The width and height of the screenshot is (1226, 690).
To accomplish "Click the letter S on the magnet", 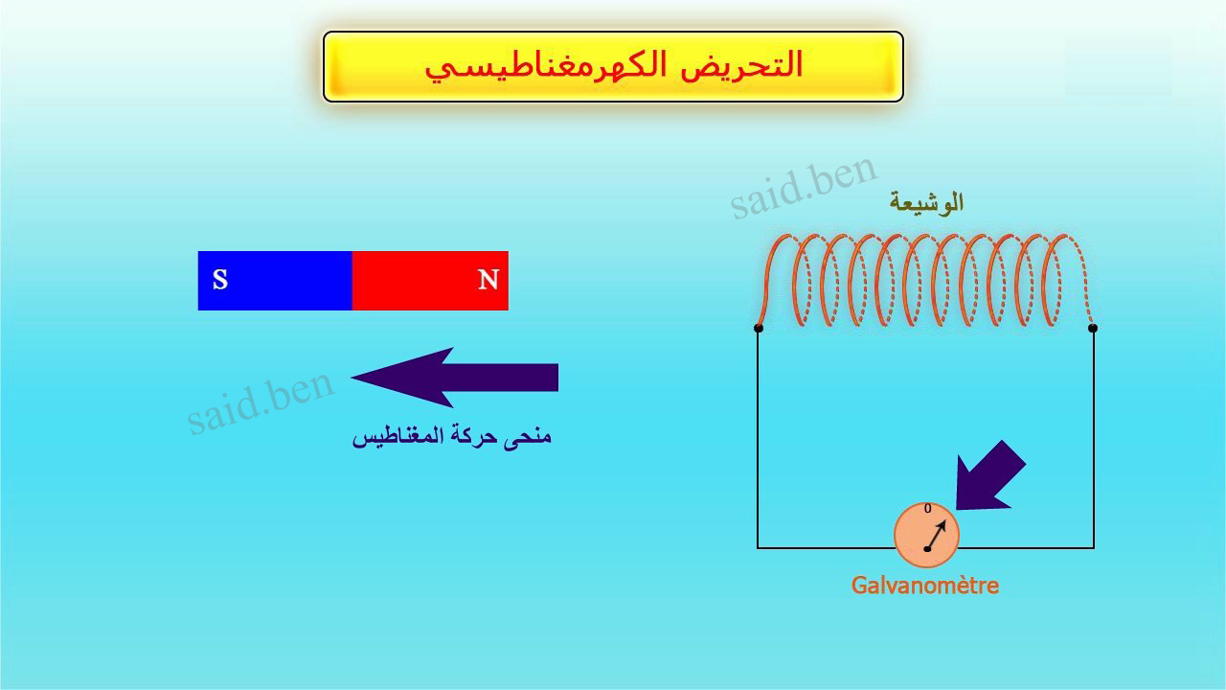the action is pos(220,280).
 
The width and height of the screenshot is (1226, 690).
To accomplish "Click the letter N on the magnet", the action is pos(488,280).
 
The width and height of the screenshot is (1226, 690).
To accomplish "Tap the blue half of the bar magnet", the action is pos(275,281).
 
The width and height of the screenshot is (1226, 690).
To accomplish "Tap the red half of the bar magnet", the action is pos(430,281).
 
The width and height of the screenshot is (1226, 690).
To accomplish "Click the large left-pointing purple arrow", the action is pos(454,378).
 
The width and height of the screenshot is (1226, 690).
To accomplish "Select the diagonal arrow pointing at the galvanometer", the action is pos(989,476).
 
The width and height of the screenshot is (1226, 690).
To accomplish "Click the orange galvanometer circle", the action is pos(926,535).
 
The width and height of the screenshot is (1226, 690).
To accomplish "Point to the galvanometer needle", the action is pos(937,535).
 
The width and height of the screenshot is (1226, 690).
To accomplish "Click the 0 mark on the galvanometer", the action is pos(928,509).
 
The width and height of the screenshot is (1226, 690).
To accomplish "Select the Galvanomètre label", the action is pos(925,586).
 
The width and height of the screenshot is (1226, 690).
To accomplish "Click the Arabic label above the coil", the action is pos(926,203).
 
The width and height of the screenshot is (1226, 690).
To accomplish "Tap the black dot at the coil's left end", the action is pos(758,328).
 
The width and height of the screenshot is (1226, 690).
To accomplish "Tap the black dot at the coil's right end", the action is pos(1093,328).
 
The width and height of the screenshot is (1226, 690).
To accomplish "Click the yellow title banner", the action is pos(613,66).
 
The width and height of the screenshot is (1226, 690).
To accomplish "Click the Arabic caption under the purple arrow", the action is pos(452,436).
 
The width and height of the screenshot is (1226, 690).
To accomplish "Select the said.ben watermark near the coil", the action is pos(805,187).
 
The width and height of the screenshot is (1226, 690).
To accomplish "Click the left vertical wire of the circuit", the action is pos(758,438).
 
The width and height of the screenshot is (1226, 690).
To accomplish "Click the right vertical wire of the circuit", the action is pos(1094,438).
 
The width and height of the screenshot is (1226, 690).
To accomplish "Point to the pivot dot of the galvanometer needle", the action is pos(927,549).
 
